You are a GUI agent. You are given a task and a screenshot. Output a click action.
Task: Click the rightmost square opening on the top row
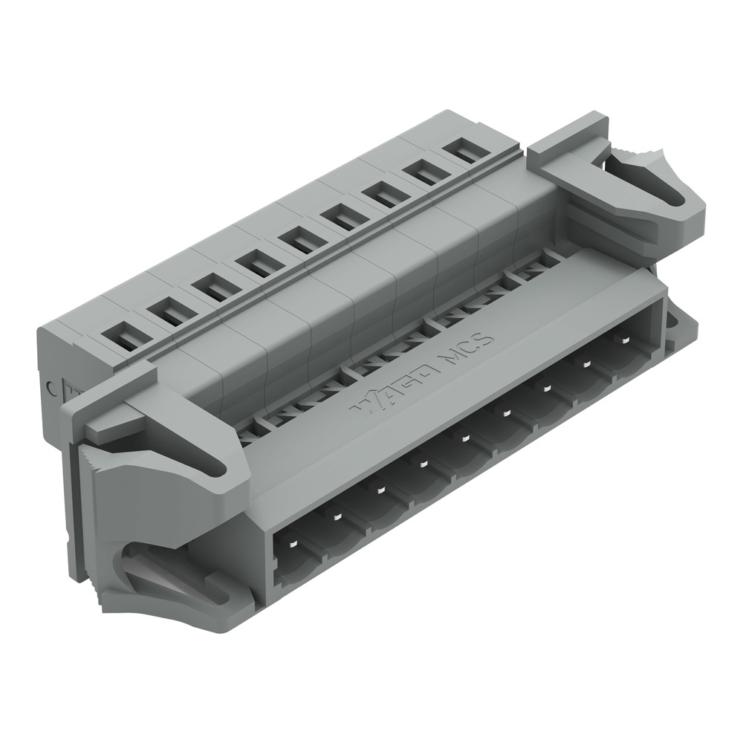[x=466, y=151]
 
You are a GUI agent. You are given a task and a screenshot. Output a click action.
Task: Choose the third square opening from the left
[x=215, y=287]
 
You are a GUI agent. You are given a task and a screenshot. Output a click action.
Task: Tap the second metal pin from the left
[x=336, y=516]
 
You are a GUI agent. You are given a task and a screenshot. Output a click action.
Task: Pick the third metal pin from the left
[x=379, y=490]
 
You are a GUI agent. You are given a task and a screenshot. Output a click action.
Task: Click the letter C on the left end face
[x=51, y=386]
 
